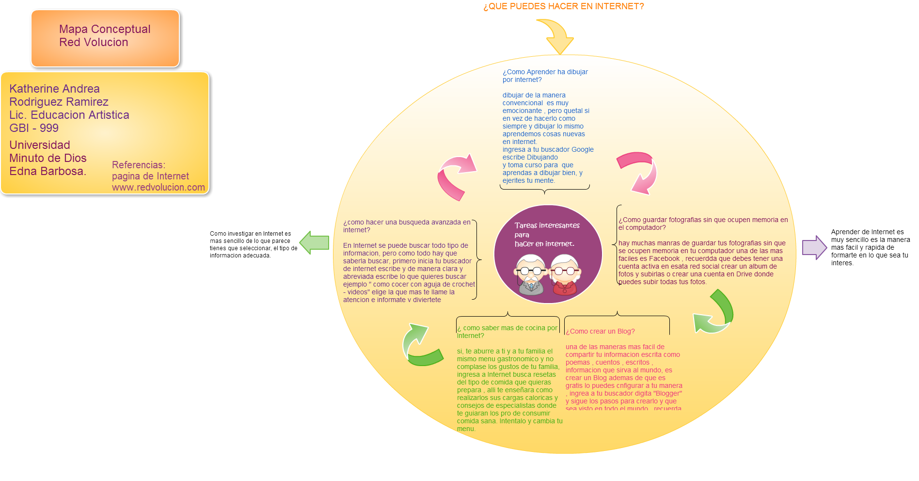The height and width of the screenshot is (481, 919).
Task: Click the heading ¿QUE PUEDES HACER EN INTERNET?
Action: pyautogui.click(x=563, y=6)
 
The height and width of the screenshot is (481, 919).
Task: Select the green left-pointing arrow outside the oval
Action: pyautogui.click(x=314, y=242)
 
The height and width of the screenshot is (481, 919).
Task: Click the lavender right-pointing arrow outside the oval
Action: pyautogui.click(x=814, y=247)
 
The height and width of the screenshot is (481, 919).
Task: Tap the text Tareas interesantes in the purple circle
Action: pyautogui.click(x=547, y=225)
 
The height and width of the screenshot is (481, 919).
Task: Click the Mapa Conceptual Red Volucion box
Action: pyautogui.click(x=105, y=38)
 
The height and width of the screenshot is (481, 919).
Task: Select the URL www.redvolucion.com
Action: pyautogui.click(x=158, y=187)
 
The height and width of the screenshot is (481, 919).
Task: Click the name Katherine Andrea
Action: pyautogui.click(x=54, y=89)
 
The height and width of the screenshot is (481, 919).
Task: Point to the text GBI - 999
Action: pyautogui.click(x=34, y=128)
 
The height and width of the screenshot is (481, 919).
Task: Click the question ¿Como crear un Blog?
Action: pyautogui.click(x=600, y=331)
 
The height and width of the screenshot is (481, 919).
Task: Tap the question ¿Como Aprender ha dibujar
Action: pyautogui.click(x=545, y=72)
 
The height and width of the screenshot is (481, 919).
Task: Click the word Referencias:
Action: pyautogui.click(x=138, y=165)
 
